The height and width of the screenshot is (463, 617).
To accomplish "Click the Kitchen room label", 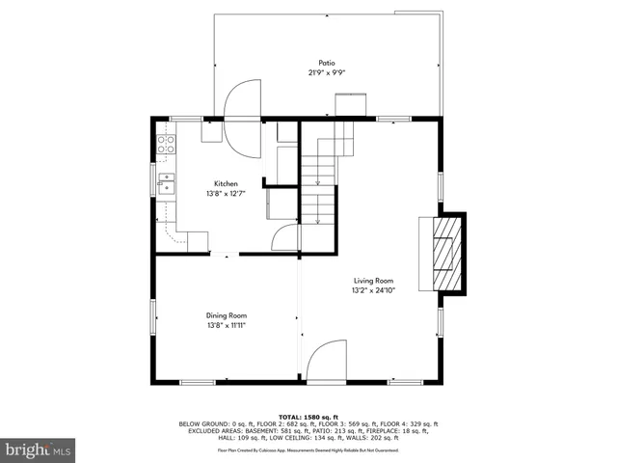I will (x=226, y=183).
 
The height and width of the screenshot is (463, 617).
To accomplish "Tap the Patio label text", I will (x=328, y=63).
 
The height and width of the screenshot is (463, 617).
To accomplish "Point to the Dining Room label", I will (x=226, y=315).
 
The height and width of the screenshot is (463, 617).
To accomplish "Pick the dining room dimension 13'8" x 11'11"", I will (x=226, y=326).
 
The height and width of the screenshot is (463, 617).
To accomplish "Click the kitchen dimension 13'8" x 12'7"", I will (x=226, y=194).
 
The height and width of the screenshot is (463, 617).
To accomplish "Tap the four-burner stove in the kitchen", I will (x=166, y=146).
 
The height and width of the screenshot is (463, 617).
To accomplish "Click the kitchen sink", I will (x=166, y=180).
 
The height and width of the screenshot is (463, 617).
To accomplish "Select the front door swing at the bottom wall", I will (x=325, y=362).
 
